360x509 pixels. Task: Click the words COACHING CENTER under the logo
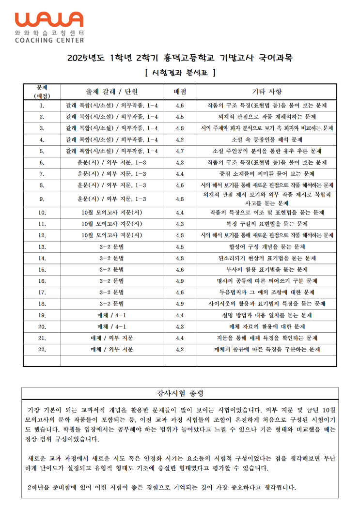[x=49, y=40]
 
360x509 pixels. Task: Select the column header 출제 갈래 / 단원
[x=111, y=92]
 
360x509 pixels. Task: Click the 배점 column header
[x=180, y=92]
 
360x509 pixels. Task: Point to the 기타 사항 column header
[x=266, y=92]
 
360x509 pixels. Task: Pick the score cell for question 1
[x=180, y=105]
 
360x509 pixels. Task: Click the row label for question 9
[x=42, y=199]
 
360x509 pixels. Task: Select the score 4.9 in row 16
[x=180, y=281]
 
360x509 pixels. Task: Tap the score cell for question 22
[x=180, y=349]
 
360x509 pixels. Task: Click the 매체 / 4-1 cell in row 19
[x=111, y=315]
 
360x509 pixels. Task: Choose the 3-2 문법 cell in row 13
[x=111, y=247]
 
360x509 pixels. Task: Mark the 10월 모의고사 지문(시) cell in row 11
[x=111, y=224]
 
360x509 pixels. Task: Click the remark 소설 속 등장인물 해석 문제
[x=266, y=139]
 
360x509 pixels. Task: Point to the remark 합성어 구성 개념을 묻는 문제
[x=266, y=247]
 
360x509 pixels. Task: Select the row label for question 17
[x=42, y=292]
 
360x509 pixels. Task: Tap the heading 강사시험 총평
[x=180, y=393]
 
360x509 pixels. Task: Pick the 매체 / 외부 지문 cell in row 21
[x=111, y=338]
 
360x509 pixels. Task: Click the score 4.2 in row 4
[x=180, y=139]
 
